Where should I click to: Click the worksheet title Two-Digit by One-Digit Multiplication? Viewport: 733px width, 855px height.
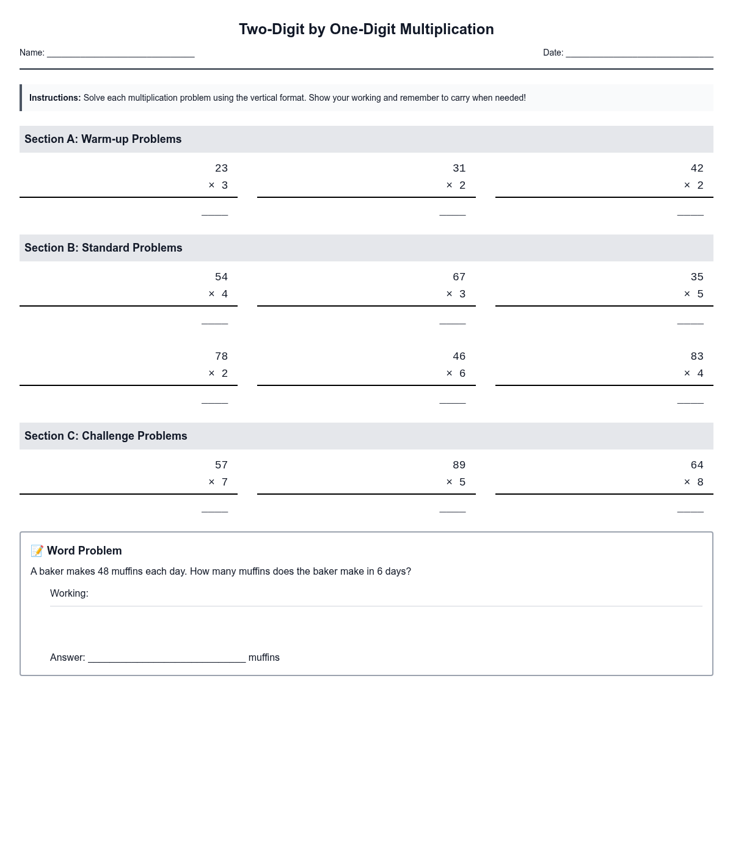366,29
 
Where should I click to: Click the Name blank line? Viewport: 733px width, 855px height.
120,54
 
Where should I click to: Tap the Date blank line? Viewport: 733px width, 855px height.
639,54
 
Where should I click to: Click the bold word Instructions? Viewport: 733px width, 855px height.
55,98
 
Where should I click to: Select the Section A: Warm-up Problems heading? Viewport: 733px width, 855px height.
103,139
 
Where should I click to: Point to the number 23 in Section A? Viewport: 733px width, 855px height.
221,169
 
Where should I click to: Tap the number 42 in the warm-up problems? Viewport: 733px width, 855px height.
696,169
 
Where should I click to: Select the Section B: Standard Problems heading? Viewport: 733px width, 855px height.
103,248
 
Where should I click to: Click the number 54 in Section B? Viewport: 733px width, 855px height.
221,277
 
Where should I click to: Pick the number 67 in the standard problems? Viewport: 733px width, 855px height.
459,277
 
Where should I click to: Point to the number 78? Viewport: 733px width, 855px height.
221,357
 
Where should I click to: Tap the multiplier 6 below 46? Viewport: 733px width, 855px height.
462,374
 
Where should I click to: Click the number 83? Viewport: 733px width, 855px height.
696,357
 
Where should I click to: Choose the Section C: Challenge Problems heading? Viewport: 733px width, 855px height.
106,436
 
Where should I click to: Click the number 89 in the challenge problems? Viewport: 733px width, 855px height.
459,465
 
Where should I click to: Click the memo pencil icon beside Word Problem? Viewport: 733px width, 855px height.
37,551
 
